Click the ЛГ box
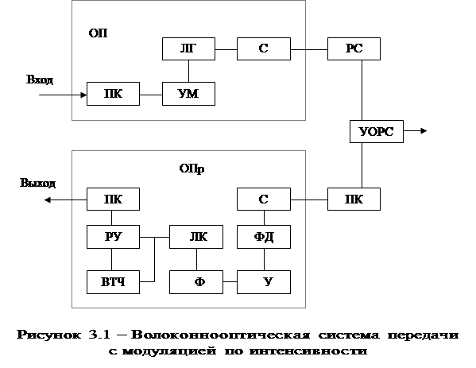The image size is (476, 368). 188,49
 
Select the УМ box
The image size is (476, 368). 188,94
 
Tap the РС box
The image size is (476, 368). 354,49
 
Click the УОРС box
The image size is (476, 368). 377,131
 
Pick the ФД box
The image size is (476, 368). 264,237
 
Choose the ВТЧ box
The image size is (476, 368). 113,282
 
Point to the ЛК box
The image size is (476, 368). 196,237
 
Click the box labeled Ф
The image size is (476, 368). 196,282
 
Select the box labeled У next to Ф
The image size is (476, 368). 264,282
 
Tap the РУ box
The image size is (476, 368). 113,237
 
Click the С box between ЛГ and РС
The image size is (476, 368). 264,49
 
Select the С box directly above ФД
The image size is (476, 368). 264,199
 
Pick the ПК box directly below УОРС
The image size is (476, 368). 354,199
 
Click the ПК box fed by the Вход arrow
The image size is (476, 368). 113,94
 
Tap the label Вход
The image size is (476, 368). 40,79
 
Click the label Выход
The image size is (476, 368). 37,183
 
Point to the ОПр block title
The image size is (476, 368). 192,169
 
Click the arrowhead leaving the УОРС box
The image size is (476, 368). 424,131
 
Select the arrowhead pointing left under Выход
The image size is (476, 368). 48,199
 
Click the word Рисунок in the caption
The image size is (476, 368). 48,335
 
